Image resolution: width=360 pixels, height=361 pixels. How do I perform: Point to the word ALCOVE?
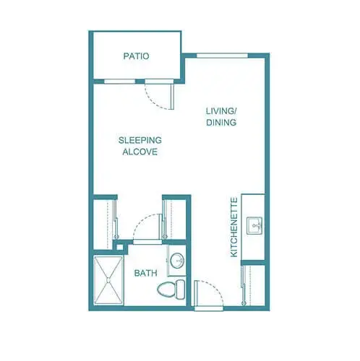tap(140, 152)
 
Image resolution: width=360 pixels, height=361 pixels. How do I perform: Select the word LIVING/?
tap(222, 110)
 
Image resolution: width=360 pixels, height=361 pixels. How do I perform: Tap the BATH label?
tap(146, 274)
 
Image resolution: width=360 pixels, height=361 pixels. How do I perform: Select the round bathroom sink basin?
tap(178, 261)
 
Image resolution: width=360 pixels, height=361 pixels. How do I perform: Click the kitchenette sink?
tap(254, 226)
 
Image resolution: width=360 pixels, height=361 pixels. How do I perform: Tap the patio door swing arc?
tap(158, 93)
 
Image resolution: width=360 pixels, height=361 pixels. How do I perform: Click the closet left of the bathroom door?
tap(106, 221)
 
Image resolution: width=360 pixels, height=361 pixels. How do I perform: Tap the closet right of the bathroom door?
tap(176, 221)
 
